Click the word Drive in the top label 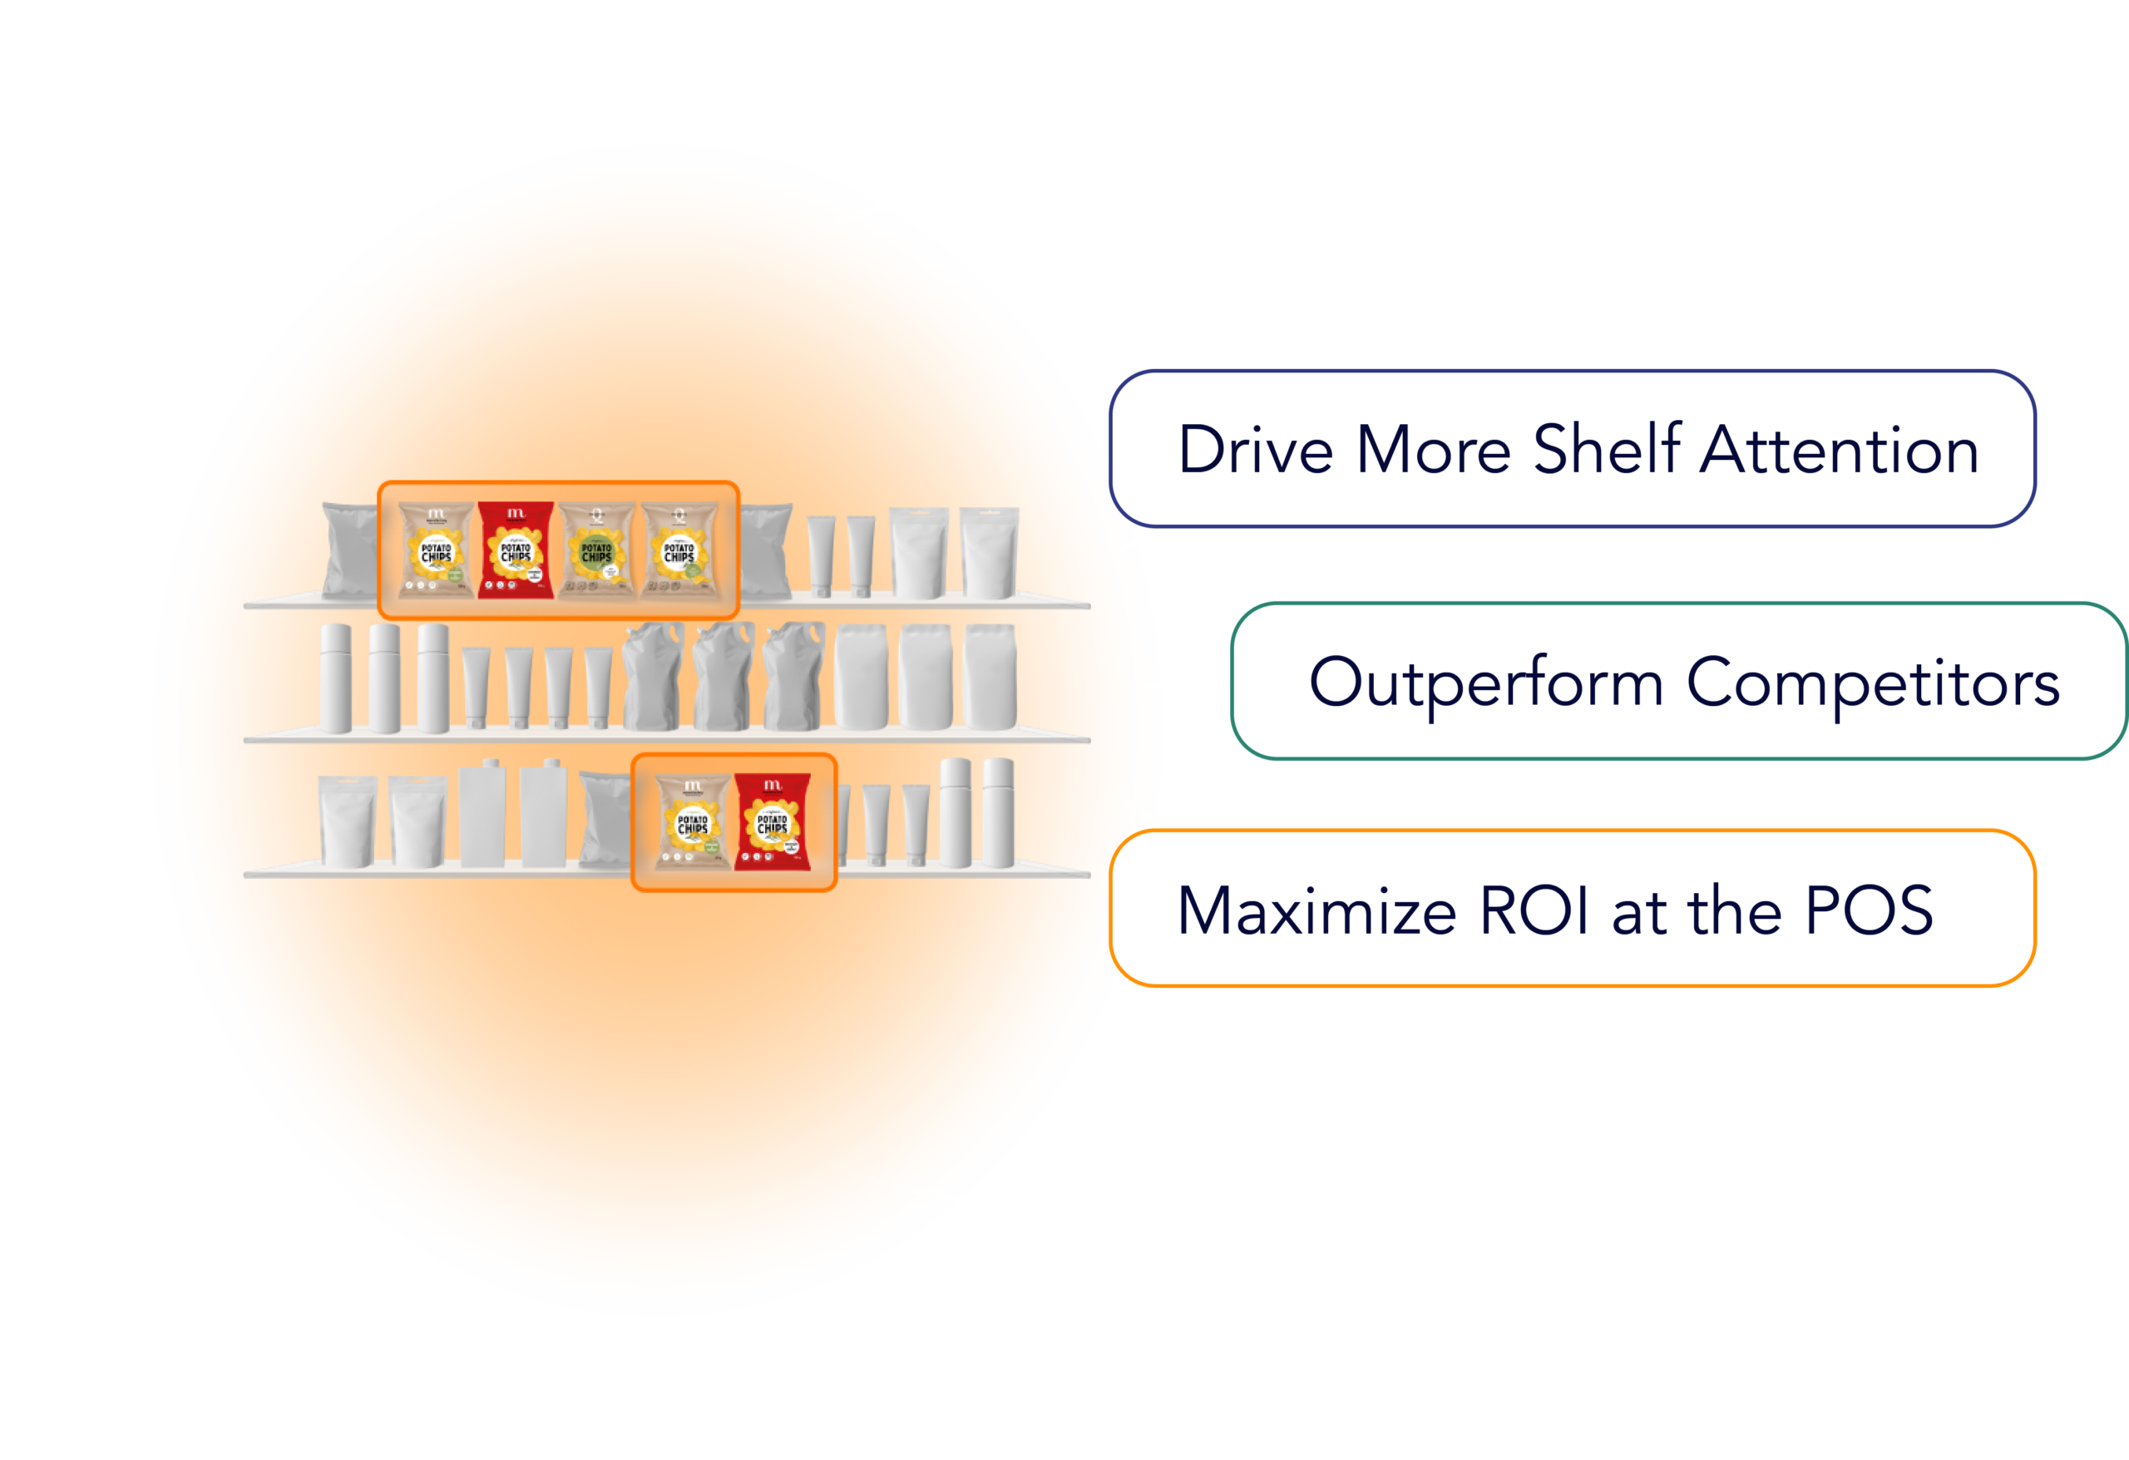tap(1255, 450)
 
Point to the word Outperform tap(1486, 683)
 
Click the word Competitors tap(1873, 683)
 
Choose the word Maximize tap(1316, 911)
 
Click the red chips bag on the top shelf tap(516, 550)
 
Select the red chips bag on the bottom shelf tap(773, 821)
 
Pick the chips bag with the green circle tap(596, 550)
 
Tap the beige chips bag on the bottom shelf tap(694, 821)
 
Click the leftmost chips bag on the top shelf tap(436, 550)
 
